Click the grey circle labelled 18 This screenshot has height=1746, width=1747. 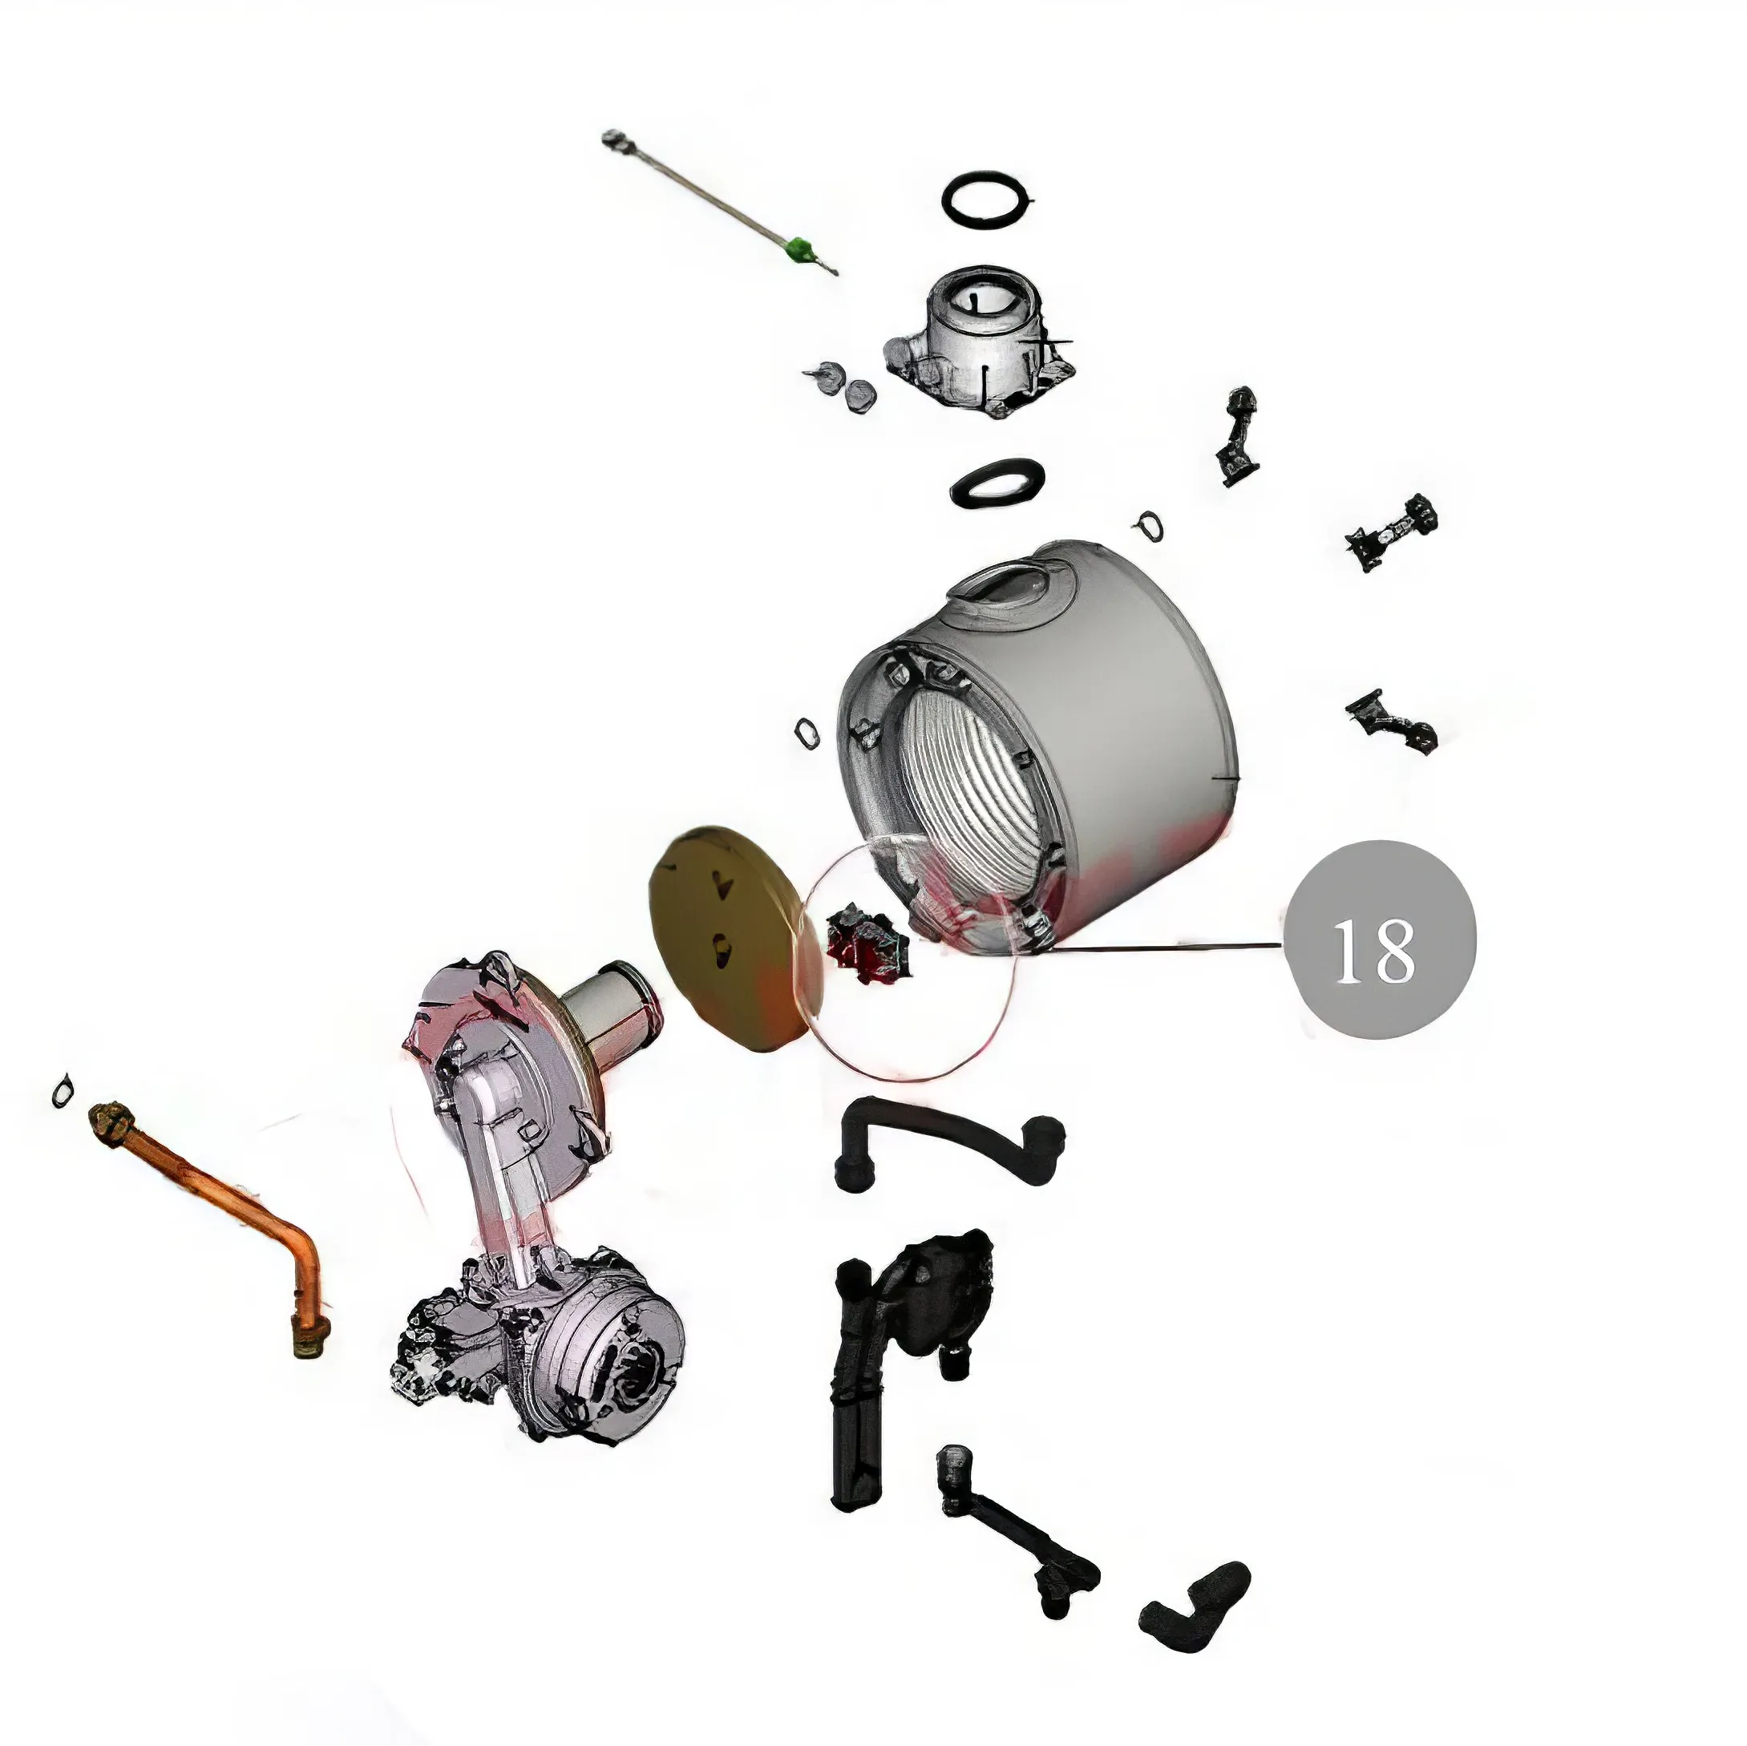(x=1380, y=940)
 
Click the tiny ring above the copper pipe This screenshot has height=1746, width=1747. (x=62, y=1091)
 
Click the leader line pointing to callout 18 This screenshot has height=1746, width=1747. (x=1167, y=947)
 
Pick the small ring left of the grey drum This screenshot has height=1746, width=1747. (x=807, y=733)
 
